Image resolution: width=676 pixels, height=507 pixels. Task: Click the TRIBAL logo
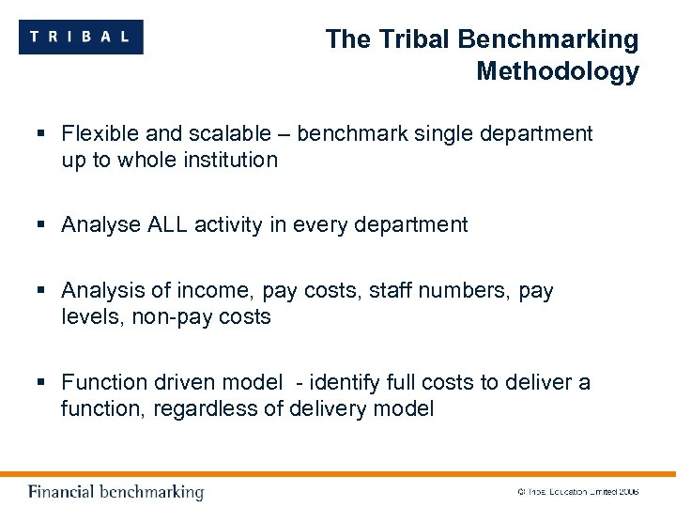coord(81,37)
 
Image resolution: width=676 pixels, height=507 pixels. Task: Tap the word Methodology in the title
coord(557,71)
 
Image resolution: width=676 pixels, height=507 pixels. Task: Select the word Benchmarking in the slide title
coord(547,39)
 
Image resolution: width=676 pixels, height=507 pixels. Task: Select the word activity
coord(230,224)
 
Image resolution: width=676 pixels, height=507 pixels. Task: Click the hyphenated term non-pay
coord(163,317)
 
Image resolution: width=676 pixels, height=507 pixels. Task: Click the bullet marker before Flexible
coord(43,133)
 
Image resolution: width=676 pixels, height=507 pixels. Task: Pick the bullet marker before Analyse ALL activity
coord(43,224)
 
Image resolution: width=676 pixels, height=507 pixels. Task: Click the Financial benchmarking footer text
coord(115,492)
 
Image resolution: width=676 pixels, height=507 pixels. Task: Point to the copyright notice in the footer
coord(577,492)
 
